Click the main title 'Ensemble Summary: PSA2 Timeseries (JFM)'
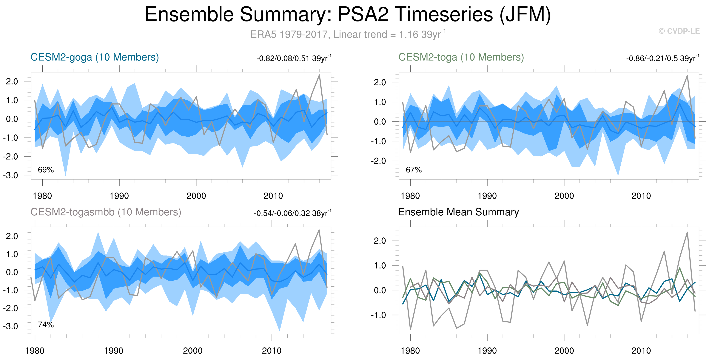point(348,14)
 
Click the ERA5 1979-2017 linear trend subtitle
point(348,34)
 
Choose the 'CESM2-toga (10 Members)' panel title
point(461,57)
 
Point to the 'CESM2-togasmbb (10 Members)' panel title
point(106,212)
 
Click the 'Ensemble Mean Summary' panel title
point(459,212)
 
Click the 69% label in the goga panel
point(46,170)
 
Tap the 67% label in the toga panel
point(414,170)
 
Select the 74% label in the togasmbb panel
point(46,325)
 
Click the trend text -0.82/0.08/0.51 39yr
point(294,58)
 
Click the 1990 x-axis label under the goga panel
point(119,196)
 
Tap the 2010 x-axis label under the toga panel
point(641,196)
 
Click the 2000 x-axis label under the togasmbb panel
point(193,351)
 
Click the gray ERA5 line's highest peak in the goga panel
point(319,75)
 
